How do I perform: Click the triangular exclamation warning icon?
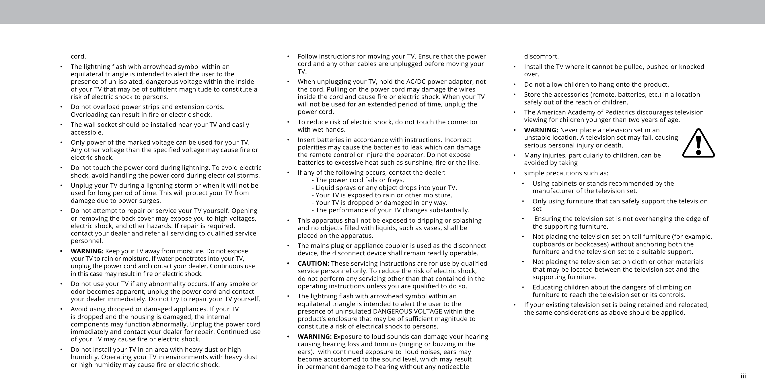698,143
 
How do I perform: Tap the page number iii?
743,376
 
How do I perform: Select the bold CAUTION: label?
313,264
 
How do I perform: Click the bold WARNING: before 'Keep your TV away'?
87,251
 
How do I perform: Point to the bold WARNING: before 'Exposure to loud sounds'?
314,336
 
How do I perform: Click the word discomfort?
541,57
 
